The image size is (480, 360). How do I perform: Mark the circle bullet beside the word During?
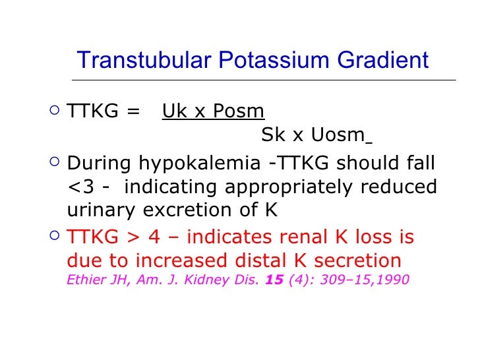56,162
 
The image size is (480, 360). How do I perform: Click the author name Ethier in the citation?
84,280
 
